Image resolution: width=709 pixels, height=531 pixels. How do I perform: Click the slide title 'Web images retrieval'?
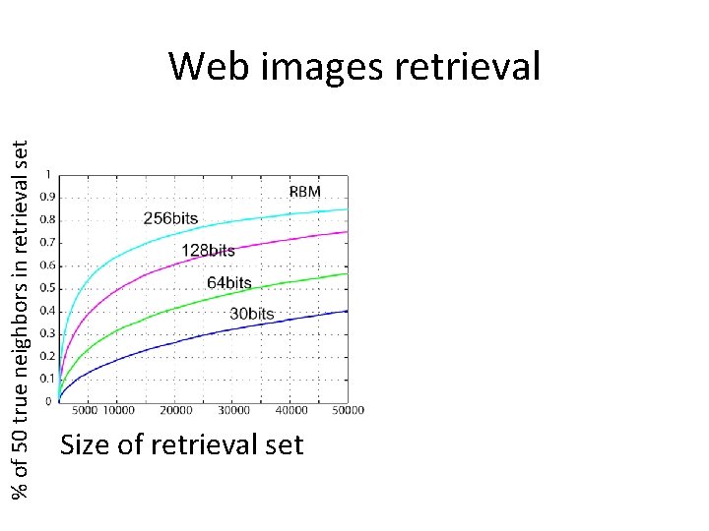pos(354,67)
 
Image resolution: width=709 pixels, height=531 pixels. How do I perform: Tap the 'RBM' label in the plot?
pos(304,192)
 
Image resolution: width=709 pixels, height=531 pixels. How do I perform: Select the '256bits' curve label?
pos(170,218)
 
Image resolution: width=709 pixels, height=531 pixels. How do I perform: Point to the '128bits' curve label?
pos(208,251)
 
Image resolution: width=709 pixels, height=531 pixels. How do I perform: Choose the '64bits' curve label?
pos(229,283)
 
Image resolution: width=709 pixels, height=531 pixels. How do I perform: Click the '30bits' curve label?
pos(252,314)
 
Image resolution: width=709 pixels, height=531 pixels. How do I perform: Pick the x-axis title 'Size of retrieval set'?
pos(182,445)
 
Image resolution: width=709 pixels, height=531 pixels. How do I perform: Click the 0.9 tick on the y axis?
pos(47,197)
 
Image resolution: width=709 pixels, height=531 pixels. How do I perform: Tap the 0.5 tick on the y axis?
pos(47,288)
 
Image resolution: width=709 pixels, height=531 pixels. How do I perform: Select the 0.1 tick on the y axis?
pos(47,379)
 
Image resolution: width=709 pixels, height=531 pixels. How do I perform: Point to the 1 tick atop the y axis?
pos(49,175)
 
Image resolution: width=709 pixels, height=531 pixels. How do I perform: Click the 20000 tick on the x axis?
pos(176,410)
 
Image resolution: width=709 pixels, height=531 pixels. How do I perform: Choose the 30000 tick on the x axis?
pos(233,410)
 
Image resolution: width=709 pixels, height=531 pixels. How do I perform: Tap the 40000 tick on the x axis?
pos(290,410)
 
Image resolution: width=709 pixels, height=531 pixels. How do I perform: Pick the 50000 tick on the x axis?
pos(346,410)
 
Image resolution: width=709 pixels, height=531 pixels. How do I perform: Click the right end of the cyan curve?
pos(348,209)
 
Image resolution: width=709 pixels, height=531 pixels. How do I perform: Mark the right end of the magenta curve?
pos(348,232)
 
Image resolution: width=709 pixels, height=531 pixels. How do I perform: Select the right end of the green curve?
pos(348,273)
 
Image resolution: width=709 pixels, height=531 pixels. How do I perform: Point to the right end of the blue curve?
pos(348,311)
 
